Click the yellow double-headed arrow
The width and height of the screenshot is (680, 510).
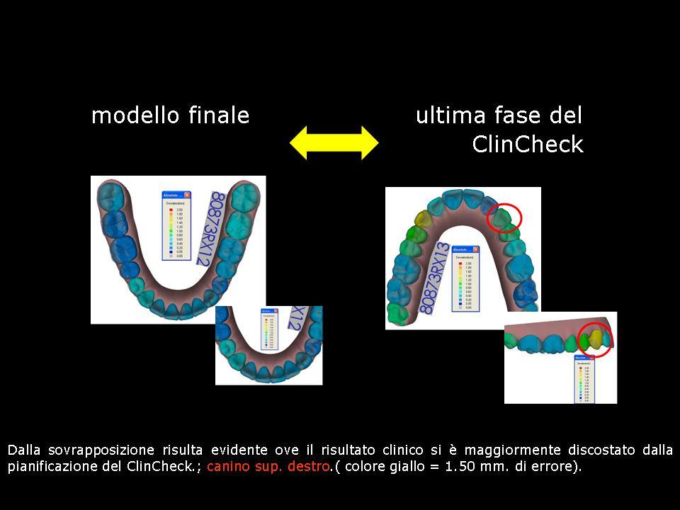tap(334, 142)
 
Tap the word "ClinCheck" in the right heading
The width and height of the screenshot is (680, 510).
tap(528, 144)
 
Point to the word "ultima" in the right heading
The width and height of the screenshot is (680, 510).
tap(447, 115)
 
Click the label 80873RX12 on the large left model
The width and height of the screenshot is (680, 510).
tap(209, 227)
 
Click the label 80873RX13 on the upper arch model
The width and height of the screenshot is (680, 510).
tap(435, 278)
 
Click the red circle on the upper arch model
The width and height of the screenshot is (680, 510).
tap(504, 218)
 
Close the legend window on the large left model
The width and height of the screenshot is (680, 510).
tap(187, 195)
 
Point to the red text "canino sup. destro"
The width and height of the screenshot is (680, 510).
tap(268, 467)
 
